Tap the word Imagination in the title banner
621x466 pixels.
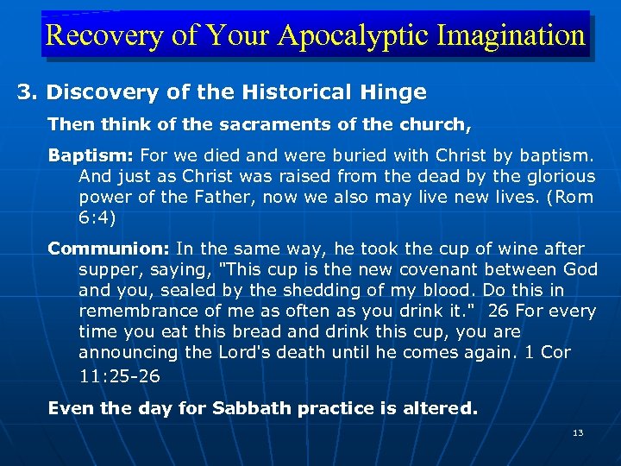click(512, 35)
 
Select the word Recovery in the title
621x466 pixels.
click(91, 35)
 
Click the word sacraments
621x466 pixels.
click(218, 124)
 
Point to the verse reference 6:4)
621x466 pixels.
click(97, 217)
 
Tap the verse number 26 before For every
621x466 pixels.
click(498, 311)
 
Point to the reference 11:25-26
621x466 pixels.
click(119, 376)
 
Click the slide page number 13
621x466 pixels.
click(578, 432)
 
